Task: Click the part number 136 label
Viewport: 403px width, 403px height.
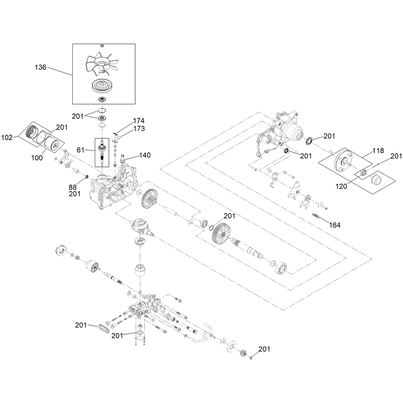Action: pos(40,67)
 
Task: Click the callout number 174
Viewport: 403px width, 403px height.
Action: pos(139,121)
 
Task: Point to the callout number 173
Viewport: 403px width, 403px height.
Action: pos(139,128)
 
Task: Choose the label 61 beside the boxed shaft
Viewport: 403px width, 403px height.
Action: pos(80,150)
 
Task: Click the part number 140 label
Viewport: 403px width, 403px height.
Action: pos(145,155)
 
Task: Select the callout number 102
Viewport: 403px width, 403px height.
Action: pos(7,138)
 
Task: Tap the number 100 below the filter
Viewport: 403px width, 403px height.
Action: pos(37,158)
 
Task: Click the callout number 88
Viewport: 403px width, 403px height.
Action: pos(73,187)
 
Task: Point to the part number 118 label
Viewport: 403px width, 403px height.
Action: pos(378,151)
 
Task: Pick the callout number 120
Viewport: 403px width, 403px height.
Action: pos(341,186)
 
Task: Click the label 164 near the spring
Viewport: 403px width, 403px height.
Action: pos(335,225)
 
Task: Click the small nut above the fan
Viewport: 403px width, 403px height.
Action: pos(102,46)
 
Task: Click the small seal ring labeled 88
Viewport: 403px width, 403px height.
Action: pos(86,177)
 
